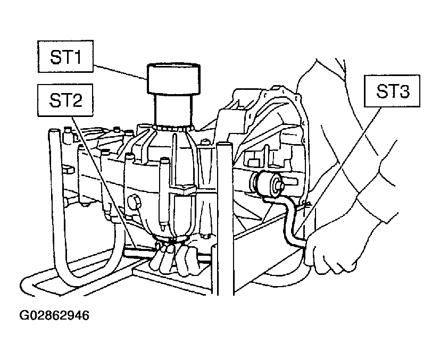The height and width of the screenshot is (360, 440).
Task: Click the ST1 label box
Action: (65, 56)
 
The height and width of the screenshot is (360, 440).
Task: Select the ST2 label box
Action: (65, 100)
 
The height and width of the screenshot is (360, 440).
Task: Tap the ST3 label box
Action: (392, 91)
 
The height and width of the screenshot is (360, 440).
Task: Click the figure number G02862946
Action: (54, 315)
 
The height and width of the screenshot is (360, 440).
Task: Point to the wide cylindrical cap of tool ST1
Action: (173, 79)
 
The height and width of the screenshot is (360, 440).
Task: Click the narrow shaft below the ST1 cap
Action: (173, 110)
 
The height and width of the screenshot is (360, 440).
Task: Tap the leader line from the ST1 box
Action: (120, 73)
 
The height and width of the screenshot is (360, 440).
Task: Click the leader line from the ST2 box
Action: (104, 183)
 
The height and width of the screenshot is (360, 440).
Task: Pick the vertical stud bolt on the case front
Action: (164, 194)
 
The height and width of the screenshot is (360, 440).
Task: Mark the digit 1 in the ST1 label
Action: (77, 57)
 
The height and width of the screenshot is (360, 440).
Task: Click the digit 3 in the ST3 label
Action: (404, 91)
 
